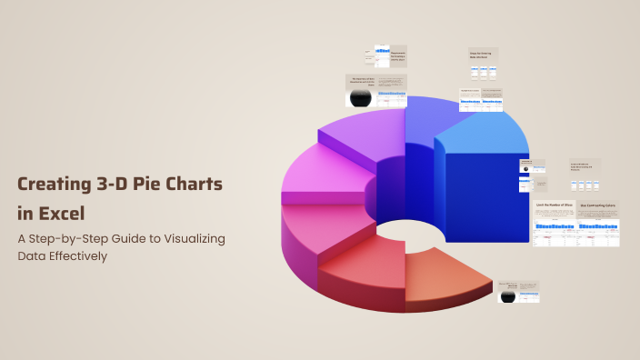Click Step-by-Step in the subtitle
(78, 238)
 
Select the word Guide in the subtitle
(139, 238)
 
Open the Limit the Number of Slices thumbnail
(554, 223)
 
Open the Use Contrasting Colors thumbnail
(598, 223)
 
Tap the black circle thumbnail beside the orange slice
(507, 295)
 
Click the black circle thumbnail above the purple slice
(361, 96)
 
